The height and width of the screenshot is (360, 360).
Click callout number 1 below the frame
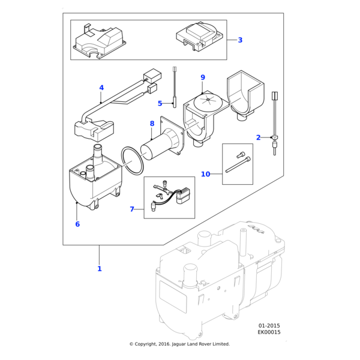click(x=100, y=269)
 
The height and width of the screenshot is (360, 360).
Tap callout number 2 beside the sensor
click(x=259, y=137)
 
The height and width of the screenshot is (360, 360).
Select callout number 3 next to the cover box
click(x=240, y=40)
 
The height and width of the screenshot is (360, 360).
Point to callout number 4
click(x=101, y=88)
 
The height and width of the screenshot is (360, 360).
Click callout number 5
click(x=160, y=103)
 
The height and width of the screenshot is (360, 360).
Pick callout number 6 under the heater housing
click(x=77, y=224)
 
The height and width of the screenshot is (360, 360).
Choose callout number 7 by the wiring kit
click(x=132, y=209)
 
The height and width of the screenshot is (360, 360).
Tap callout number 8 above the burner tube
click(x=152, y=124)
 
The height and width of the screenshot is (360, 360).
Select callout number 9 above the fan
click(x=203, y=77)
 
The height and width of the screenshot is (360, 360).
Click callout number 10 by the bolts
click(x=206, y=174)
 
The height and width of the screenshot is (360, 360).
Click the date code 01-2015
click(x=269, y=325)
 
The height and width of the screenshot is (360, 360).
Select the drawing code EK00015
click(x=269, y=332)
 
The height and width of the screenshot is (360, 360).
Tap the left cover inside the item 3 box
click(x=100, y=41)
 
